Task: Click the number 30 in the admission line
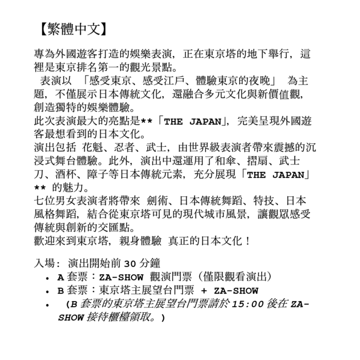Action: [130, 264]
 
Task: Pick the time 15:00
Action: [248, 304]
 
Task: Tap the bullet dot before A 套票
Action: [47, 278]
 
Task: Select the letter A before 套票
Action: [60, 278]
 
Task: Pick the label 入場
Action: [42, 264]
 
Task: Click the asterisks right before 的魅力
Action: [40, 188]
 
